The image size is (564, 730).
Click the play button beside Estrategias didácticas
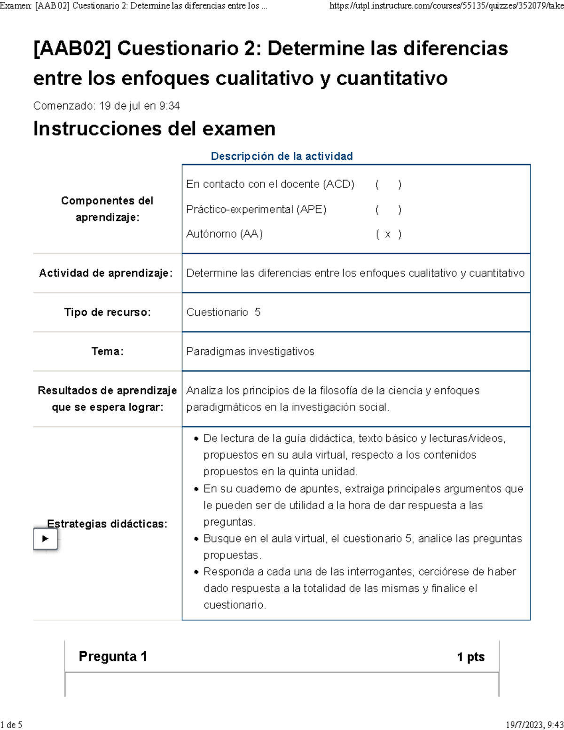click(45, 539)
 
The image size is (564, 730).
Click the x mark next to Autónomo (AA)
click(388, 234)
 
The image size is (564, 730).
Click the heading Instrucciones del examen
click(154, 129)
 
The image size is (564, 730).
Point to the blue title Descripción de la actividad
click(282, 156)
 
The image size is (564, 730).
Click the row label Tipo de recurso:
click(107, 312)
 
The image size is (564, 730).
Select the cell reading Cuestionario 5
click(223, 312)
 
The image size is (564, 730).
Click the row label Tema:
click(107, 351)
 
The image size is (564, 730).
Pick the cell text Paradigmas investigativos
click(250, 351)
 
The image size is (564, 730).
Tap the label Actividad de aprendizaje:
click(106, 273)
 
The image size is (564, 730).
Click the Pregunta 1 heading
click(113, 656)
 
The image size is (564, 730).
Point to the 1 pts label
click(470, 657)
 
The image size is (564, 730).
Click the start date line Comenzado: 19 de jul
click(106, 106)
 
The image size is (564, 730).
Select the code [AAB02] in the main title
click(72, 48)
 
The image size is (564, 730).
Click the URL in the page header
click(446, 6)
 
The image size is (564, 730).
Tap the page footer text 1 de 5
click(12, 724)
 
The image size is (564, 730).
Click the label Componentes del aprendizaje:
click(107, 209)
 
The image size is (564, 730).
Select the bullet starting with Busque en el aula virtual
click(362, 546)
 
